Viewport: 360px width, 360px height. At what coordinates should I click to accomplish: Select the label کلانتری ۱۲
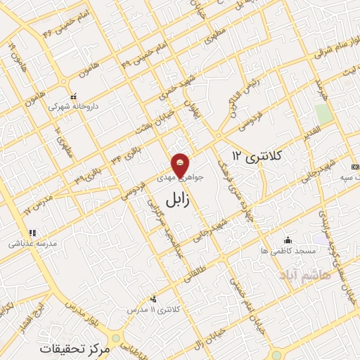[x=257, y=156]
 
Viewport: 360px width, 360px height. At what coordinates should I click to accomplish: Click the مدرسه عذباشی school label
[x=33, y=244]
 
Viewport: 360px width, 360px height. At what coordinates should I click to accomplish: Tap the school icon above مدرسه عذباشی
[x=32, y=233]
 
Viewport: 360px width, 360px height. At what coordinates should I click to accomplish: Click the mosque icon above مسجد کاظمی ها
[x=287, y=239]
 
